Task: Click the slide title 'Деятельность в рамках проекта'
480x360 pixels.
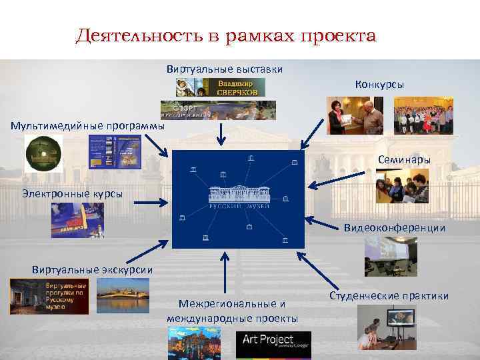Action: [x=226, y=35]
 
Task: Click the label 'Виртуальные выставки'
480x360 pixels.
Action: [x=225, y=69]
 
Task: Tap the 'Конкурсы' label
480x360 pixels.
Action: [x=379, y=85]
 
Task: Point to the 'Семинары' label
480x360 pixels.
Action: [x=404, y=160]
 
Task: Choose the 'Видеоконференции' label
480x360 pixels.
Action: [x=395, y=227]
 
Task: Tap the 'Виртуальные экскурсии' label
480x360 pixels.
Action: [x=92, y=269]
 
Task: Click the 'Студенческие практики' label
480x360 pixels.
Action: [x=389, y=295]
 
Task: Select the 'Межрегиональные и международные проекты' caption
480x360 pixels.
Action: [x=232, y=311]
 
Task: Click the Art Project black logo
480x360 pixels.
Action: [x=273, y=345]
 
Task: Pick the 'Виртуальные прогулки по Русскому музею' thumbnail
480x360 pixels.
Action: [x=49, y=296]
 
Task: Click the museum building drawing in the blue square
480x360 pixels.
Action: [x=238, y=194]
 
